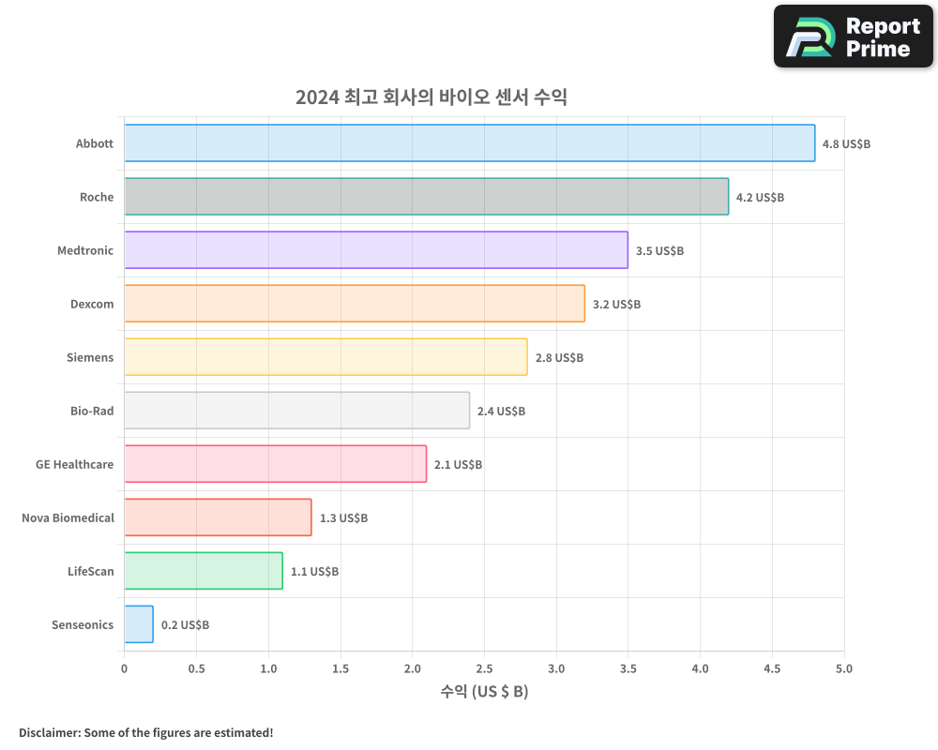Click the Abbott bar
coord(469,143)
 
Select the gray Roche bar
coord(426,197)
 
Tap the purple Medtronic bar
coord(375,250)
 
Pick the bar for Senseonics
coord(139,624)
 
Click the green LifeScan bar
coord(204,571)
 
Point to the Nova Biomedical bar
coord(218,517)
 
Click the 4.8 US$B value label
coord(846,144)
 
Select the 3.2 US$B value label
coord(616,305)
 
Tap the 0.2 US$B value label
coord(185,625)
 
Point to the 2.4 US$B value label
coord(501,412)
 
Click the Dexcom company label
coord(92,304)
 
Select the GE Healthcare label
coord(75,464)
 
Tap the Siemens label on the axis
coord(90,357)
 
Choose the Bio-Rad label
coord(92,411)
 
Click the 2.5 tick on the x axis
coord(484,668)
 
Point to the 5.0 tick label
coord(844,668)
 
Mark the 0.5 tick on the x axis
coord(196,668)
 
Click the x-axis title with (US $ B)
coord(484,692)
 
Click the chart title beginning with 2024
coord(431,97)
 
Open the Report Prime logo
coord(853,37)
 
